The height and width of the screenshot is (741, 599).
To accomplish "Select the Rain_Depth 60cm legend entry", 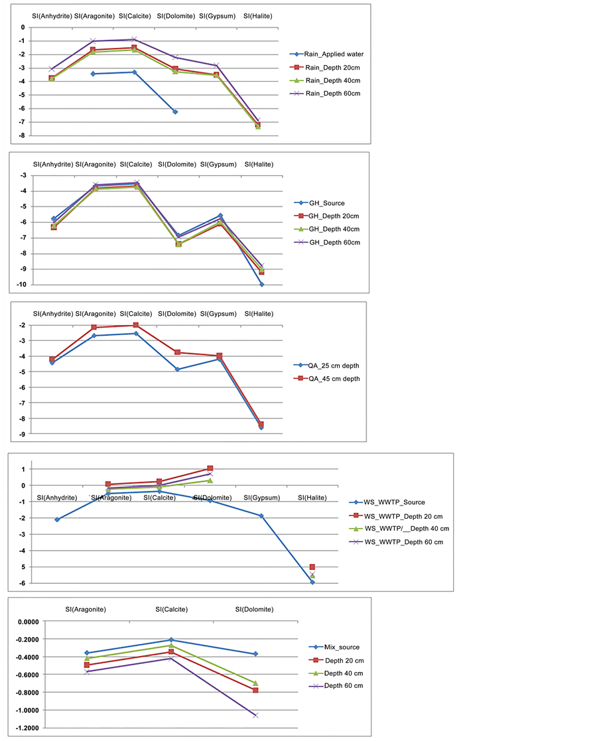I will coord(332,94).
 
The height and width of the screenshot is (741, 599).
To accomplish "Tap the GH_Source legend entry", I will coord(326,203).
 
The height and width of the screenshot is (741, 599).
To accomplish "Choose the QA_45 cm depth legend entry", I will coord(334,379).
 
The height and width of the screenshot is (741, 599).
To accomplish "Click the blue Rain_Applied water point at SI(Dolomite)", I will coord(175,111).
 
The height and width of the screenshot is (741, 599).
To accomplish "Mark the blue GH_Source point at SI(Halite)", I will coord(262,284).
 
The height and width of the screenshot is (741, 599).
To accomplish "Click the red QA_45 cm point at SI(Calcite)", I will coord(136,325).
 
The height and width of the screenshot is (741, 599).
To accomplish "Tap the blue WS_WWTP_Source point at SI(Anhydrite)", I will coord(57,519).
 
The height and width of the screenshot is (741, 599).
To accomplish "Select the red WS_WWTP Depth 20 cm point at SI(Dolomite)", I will coord(210,468).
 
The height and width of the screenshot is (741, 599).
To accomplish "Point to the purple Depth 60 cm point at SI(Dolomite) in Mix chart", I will coord(255,715).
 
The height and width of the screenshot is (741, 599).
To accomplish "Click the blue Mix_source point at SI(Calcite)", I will coord(171,640).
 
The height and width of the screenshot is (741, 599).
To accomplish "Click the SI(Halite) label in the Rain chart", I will coord(257,16).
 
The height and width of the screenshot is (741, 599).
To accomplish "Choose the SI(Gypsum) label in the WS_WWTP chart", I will coord(262,498).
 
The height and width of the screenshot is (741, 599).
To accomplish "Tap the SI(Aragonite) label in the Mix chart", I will coord(86,609).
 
